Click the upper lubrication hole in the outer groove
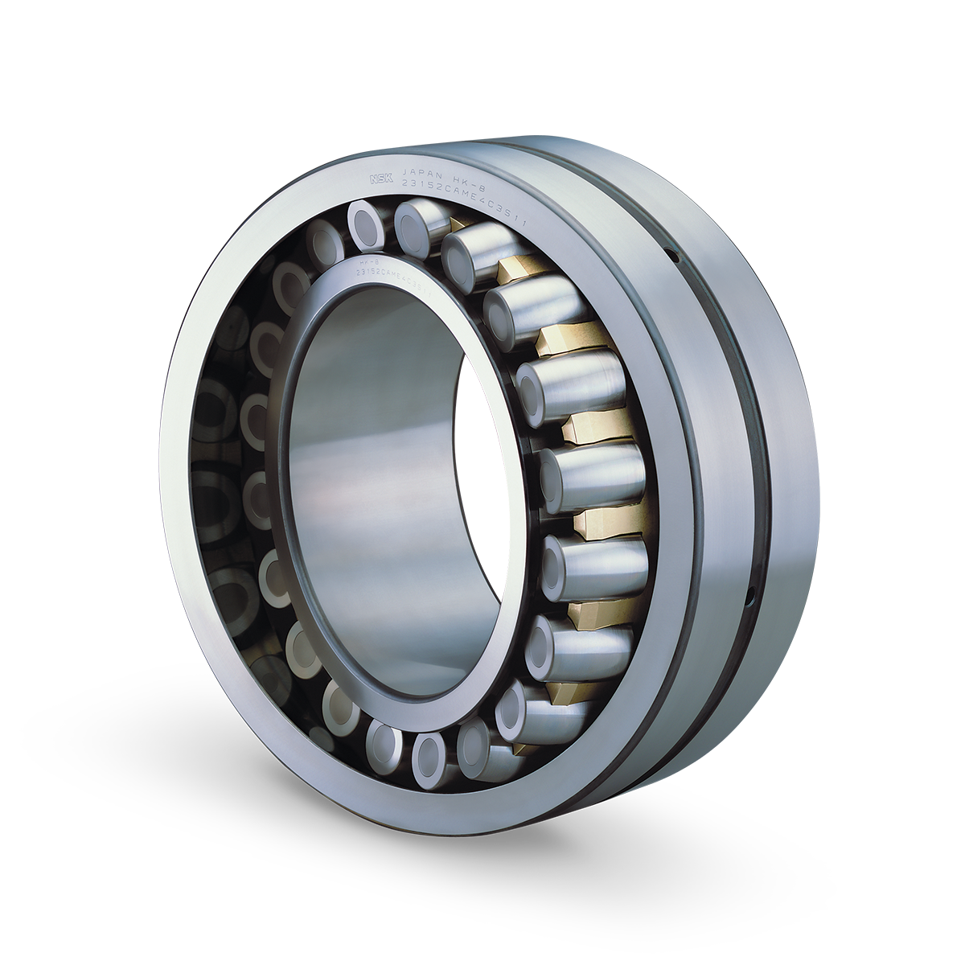674,257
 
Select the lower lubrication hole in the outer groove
749,597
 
